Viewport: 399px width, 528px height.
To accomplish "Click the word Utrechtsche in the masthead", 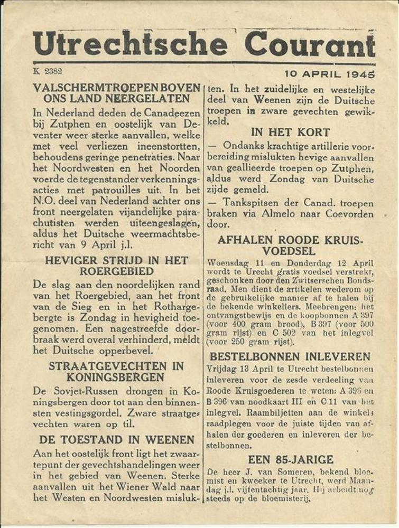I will point(130,44).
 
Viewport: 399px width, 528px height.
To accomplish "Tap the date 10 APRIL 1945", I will point(329,74).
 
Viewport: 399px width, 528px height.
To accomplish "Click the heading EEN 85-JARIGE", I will point(291,459).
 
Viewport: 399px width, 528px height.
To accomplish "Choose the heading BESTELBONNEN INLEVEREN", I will point(290,356).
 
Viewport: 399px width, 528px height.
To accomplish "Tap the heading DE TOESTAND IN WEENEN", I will point(117,439).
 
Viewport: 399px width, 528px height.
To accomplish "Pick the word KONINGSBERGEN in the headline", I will point(116,377).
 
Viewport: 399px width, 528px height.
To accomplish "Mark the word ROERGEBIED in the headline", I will point(117,271).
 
